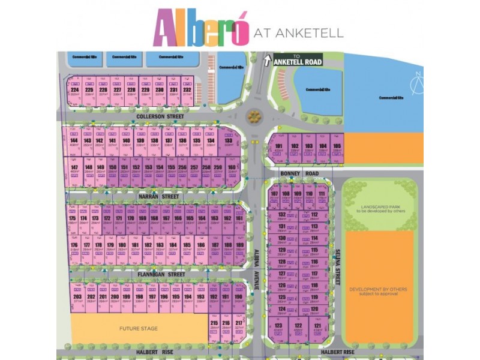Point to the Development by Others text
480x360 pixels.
(377, 291)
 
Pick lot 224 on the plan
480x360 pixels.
(75, 92)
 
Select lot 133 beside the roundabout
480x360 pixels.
(229, 142)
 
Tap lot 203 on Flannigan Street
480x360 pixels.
(77, 298)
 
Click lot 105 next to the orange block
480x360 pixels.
(336, 148)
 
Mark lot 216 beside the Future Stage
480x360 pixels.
(226, 325)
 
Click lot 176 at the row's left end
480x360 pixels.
(74, 247)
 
